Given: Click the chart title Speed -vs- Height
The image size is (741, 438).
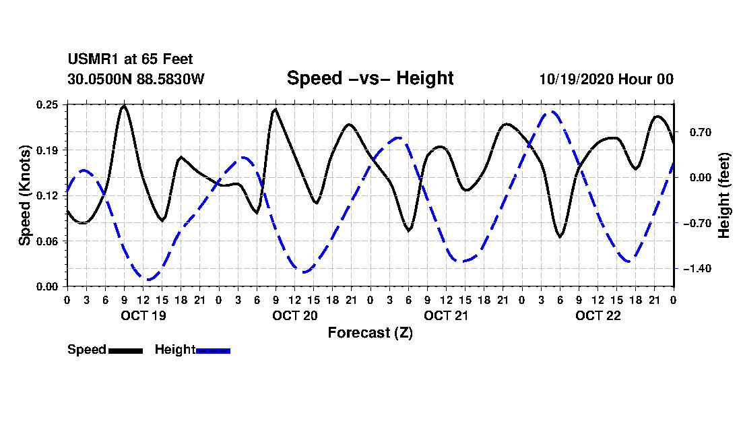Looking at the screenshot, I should pos(370,78).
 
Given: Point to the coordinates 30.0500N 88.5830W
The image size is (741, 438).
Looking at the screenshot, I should pos(136,79).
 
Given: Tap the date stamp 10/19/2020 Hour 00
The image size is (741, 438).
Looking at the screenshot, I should pos(606,79).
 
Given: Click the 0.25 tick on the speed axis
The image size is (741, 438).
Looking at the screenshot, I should pos(49,104).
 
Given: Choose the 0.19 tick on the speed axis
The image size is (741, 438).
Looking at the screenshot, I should pos(49,150).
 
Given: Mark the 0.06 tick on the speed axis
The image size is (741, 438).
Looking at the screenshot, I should pos(49,241).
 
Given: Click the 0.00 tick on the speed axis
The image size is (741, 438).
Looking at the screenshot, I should pos(49,286).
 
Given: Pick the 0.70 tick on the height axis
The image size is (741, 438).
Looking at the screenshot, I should pos(694,132).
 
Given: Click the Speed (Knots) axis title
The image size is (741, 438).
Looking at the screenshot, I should pos(25,195).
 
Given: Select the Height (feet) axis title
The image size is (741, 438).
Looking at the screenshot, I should pos(725,195).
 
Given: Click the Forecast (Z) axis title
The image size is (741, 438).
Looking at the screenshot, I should pos(370,333).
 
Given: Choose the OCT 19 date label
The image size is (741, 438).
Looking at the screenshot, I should pos(143,315).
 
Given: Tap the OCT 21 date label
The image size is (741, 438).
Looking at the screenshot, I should pos(446,315).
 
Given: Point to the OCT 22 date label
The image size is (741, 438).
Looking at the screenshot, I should pos(598,315).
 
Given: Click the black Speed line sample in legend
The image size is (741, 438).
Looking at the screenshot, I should pos(125,350).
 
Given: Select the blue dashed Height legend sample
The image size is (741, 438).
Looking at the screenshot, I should pos(213,350).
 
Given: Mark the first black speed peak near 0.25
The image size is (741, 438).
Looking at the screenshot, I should pos(124,106).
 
